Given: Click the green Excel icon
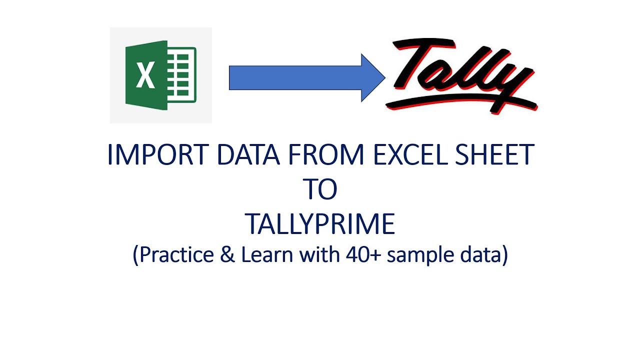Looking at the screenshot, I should point(160,75).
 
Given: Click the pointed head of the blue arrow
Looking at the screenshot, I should point(373,77).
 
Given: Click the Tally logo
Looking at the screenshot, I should point(462,75).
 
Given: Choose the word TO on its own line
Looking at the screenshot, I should point(320,189).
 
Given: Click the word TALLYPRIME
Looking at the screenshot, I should point(320,224).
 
